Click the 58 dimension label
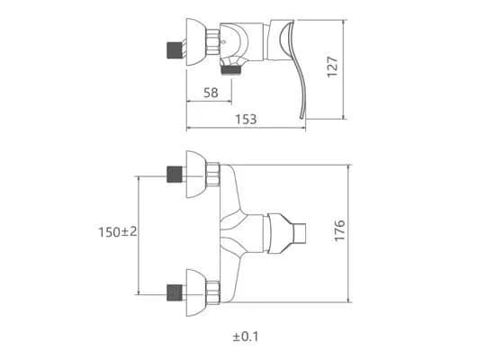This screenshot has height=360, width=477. (211, 93)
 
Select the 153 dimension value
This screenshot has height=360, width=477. (246, 120)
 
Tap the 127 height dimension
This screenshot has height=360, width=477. (332, 67)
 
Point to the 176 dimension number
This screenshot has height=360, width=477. (340, 230)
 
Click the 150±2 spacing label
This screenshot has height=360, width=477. (118, 232)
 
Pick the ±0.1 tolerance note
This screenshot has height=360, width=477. (246, 337)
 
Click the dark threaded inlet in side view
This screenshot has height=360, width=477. (175, 50)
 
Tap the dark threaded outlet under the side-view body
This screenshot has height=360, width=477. (231, 70)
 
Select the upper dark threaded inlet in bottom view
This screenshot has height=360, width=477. (175, 175)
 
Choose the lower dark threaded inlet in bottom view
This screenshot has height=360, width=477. (175, 292)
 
